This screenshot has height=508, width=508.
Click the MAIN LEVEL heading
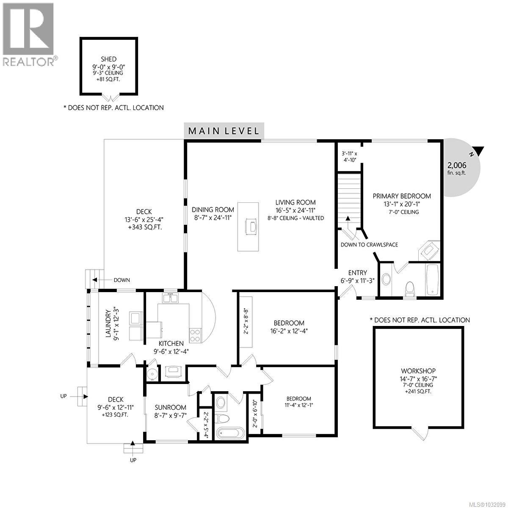(224, 131)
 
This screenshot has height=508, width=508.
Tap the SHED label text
(109, 59)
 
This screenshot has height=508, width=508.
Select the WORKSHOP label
(419, 371)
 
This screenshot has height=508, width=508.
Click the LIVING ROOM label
(295, 202)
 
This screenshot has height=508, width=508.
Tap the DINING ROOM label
(213, 210)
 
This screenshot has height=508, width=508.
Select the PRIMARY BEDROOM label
(402, 196)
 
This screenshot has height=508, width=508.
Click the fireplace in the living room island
(251, 226)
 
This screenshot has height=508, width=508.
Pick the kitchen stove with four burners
(195, 335)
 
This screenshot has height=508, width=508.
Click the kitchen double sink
(171, 298)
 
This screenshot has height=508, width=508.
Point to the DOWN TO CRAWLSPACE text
(369, 245)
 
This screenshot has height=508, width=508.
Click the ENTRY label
(357, 273)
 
